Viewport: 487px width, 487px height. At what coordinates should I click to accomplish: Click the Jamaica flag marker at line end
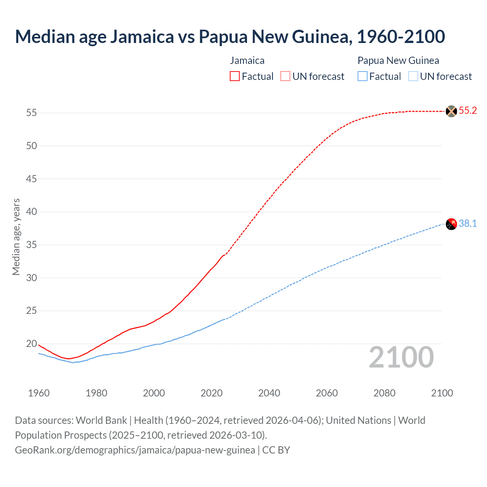[x=451, y=111]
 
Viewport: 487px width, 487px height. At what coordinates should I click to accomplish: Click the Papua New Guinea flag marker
[x=451, y=224]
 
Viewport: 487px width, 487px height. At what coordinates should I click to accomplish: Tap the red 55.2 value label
[x=468, y=111]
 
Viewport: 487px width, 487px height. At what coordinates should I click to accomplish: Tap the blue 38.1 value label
[x=468, y=224]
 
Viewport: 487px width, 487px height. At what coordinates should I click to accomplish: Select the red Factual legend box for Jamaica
[x=235, y=76]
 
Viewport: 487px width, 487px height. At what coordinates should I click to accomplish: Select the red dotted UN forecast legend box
[x=285, y=76]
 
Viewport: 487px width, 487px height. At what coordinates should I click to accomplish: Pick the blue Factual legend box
[x=363, y=76]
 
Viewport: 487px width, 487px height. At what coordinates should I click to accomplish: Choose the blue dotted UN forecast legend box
[x=413, y=76]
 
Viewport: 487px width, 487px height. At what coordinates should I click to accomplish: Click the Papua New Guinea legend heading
[x=398, y=60]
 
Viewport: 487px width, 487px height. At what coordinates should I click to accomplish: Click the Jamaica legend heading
[x=247, y=60]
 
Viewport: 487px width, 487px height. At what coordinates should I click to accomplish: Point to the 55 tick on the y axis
[x=32, y=113]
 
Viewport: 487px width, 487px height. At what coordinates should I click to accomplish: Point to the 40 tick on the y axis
[x=32, y=212]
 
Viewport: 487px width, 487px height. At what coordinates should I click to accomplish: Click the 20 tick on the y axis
[x=32, y=344]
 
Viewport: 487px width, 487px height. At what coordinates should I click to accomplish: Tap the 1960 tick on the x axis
[x=39, y=393]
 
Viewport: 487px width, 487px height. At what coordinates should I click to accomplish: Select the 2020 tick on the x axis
[x=212, y=393]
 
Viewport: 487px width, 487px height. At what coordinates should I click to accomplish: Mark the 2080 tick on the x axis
[x=384, y=393]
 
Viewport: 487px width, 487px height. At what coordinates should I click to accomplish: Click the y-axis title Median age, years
[x=16, y=237]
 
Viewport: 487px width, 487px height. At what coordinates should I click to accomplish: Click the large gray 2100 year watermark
[x=401, y=357]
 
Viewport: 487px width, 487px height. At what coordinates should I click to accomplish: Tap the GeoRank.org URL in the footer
[x=135, y=450]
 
